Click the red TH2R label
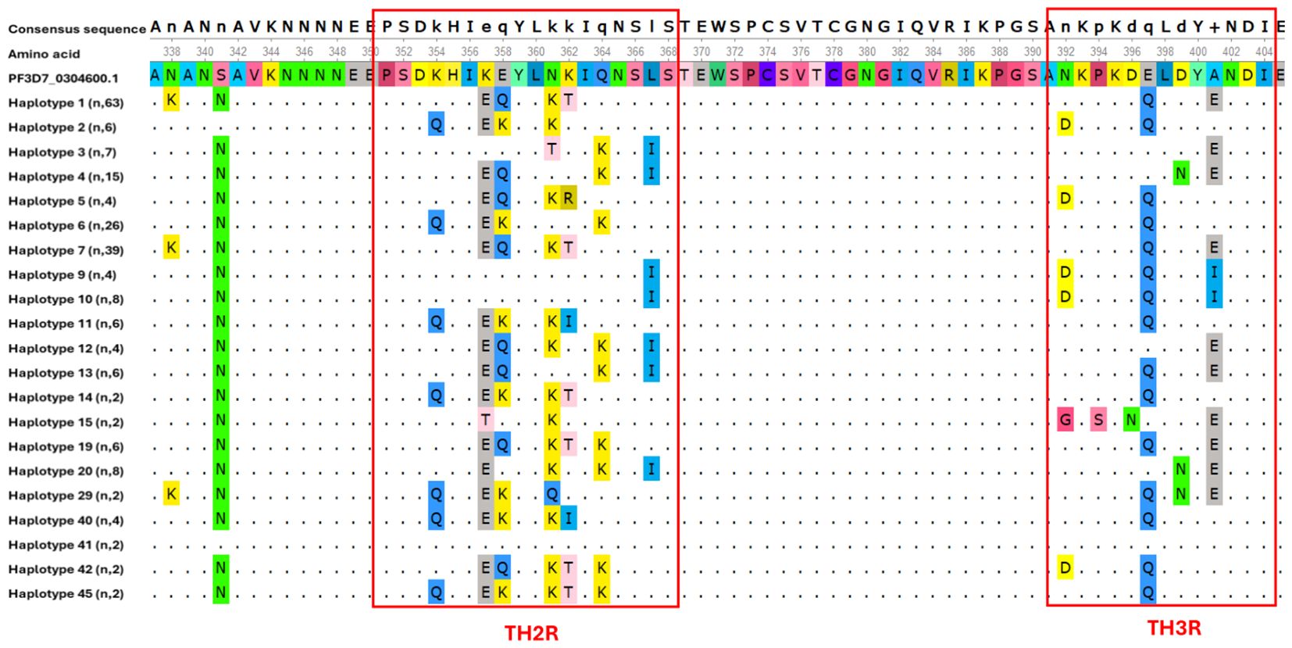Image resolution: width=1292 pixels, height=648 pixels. tap(531, 632)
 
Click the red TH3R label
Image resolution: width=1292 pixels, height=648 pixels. tap(1173, 628)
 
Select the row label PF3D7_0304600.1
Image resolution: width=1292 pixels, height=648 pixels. tap(63, 78)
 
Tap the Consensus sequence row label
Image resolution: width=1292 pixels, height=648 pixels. tap(77, 29)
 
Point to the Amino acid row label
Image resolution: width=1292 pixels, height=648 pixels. tap(44, 54)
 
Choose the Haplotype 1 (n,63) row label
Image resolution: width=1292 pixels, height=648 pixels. tap(66, 102)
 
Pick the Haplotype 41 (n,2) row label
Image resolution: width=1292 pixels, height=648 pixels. tap(66, 545)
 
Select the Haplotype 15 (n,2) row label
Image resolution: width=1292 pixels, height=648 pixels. tap(66, 422)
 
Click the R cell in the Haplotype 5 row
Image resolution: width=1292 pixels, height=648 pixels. tap(569, 199)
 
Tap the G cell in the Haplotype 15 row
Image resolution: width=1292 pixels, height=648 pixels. tap(1065, 420)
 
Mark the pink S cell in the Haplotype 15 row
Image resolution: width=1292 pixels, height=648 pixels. tap(1098, 420)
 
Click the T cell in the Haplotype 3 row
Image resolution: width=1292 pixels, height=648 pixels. tap(552, 149)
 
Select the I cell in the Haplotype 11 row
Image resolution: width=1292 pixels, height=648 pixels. tap(569, 321)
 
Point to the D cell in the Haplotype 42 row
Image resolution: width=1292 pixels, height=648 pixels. tap(1065, 567)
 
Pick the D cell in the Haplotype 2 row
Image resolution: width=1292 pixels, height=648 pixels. tap(1065, 124)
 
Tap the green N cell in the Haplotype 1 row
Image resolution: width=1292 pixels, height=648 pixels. tap(221, 100)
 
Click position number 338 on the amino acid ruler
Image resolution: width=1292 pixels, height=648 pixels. tap(171, 52)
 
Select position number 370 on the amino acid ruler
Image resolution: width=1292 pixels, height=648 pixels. tap(701, 52)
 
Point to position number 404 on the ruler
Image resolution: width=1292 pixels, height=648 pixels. tap(1264, 52)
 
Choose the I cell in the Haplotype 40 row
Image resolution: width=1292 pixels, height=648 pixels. tap(569, 518)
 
